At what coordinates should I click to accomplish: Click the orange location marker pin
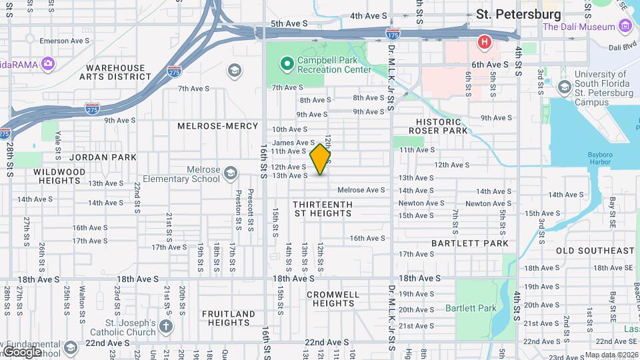(x=321, y=159)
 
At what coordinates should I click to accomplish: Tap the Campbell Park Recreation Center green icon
(x=287, y=64)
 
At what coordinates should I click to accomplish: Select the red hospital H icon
(x=484, y=43)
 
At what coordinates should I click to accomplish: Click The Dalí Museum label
(x=578, y=27)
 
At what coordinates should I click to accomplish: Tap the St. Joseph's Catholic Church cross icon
(x=166, y=327)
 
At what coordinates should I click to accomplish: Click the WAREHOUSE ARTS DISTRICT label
(x=115, y=73)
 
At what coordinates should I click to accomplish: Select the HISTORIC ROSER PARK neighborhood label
(x=438, y=127)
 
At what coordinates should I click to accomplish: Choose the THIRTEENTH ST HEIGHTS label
(x=323, y=209)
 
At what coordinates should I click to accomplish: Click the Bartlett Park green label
(x=471, y=308)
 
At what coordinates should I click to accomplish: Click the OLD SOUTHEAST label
(x=595, y=251)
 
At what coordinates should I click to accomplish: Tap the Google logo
(x=21, y=351)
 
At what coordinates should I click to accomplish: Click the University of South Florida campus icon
(x=564, y=87)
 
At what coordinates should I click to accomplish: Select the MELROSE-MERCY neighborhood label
(x=217, y=126)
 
